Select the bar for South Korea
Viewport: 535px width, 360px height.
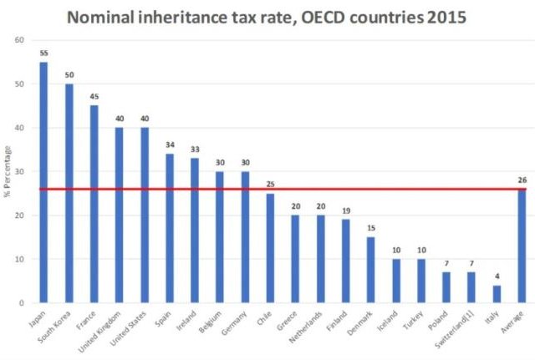tap(69, 193)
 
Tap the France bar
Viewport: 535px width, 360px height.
tap(94, 204)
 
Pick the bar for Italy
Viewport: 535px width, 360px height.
tap(497, 294)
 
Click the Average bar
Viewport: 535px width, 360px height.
tap(522, 246)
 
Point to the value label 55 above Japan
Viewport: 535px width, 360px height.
tap(43, 53)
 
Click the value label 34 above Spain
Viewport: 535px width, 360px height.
tap(169, 145)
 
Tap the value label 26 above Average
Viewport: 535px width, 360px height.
tap(522, 179)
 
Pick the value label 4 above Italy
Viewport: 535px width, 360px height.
tap(497, 276)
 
